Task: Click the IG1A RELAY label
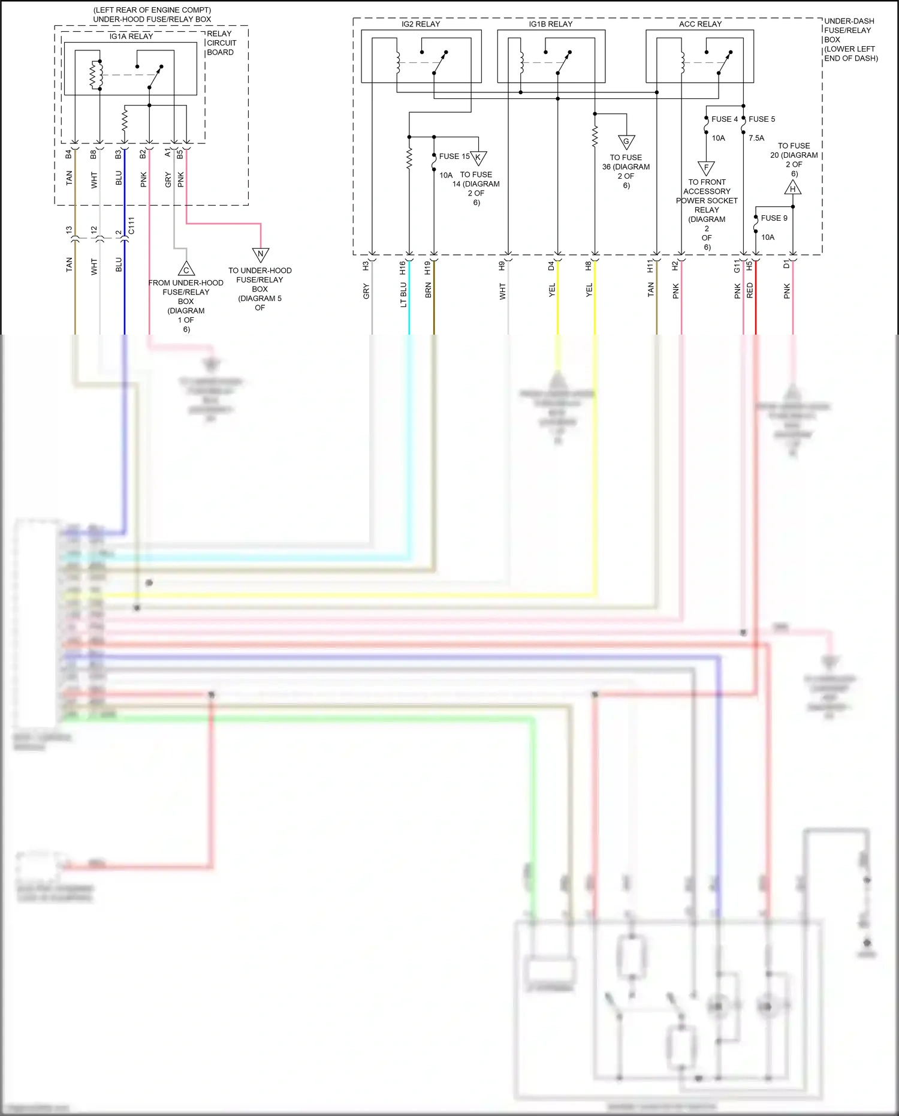pos(131,37)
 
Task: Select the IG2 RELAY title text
pos(421,24)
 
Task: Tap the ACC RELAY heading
pos(700,24)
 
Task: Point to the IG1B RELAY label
pos(550,24)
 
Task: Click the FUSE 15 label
pos(454,157)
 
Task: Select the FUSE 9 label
pos(774,218)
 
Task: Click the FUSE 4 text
pos(725,119)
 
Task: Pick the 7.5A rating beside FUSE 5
pos(756,138)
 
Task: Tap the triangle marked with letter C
pos(186,269)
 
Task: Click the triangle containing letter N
pos(261,254)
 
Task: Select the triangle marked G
pos(626,142)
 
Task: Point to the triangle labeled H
pos(793,188)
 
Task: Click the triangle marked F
pos(706,167)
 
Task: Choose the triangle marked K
pos(478,158)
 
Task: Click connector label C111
pos(132,226)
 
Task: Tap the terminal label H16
pos(403,268)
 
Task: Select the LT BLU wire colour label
pos(403,295)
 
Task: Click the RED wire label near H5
pos(750,291)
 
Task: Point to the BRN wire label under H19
pos(428,291)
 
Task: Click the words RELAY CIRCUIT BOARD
pos(221,43)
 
